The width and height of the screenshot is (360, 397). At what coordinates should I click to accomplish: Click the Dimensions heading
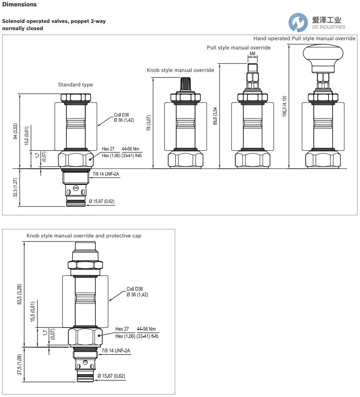[19, 4]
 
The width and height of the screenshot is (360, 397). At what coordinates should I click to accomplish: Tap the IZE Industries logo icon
[298, 23]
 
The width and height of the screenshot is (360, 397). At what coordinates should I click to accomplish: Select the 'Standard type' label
[75, 84]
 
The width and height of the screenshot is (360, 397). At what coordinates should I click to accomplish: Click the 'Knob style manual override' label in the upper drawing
[180, 70]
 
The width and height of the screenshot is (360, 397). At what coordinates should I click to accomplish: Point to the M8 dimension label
[253, 54]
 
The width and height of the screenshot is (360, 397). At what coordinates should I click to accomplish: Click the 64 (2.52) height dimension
[15, 131]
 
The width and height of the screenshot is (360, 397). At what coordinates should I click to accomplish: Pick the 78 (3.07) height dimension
[149, 123]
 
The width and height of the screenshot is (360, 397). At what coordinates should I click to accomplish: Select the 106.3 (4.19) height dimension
[284, 106]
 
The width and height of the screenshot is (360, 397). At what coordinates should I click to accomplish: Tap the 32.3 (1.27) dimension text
[15, 187]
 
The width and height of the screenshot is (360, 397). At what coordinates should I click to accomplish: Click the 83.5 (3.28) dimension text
[20, 294]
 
